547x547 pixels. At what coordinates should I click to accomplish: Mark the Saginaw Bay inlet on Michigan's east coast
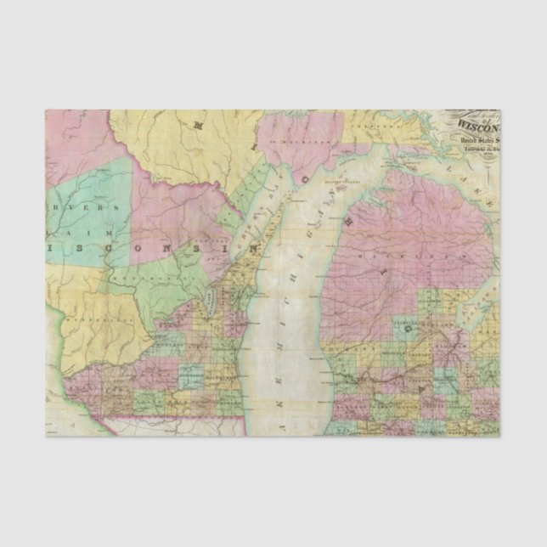476,306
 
